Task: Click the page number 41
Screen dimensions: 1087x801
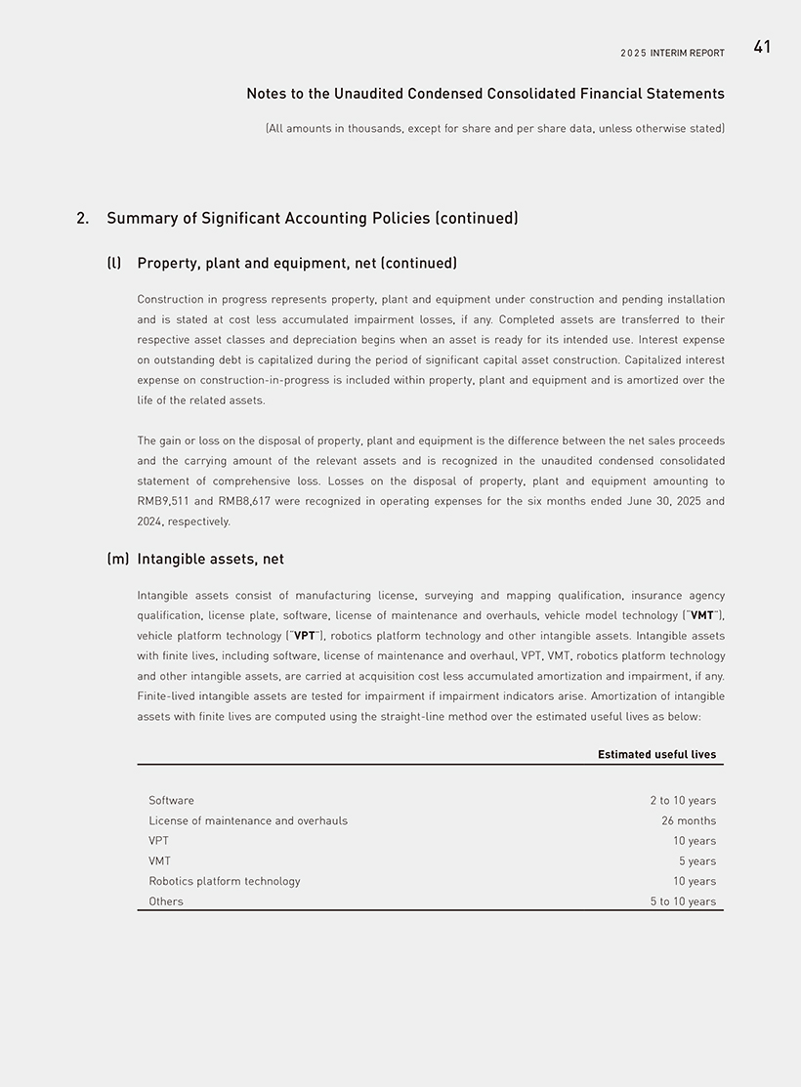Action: [762, 47]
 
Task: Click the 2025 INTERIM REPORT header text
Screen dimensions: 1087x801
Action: [672, 53]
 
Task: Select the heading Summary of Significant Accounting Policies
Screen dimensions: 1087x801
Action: [312, 218]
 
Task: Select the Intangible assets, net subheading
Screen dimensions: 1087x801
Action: [210, 559]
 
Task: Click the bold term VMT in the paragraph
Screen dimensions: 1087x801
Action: [701, 615]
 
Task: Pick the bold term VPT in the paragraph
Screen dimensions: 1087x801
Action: [304, 636]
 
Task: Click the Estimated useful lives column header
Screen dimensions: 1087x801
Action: [656, 754]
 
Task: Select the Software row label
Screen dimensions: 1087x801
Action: [171, 801]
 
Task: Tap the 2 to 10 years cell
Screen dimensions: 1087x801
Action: [683, 801]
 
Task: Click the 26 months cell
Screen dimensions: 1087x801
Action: [689, 820]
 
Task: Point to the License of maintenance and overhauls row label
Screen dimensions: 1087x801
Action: [248, 820]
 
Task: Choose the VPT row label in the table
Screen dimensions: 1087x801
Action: [158, 841]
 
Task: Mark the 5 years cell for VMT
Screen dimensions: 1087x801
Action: [697, 861]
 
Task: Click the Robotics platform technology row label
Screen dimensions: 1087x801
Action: [225, 881]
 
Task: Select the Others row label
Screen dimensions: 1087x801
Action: [166, 901]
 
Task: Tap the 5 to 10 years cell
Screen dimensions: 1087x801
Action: [683, 901]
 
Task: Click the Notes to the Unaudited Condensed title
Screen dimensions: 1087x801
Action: [485, 94]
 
